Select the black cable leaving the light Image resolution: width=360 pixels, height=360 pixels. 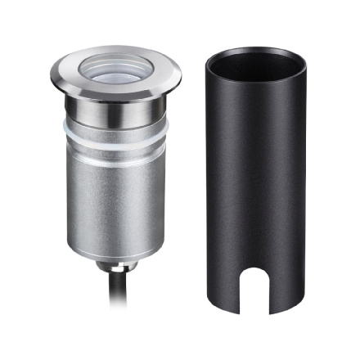coord(94,303)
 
